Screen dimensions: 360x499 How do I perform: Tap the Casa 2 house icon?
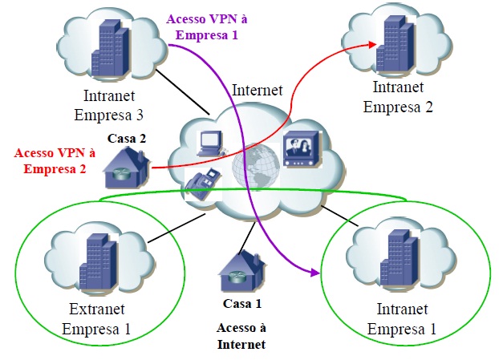[x=126, y=164]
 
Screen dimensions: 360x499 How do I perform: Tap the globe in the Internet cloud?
[x=254, y=167]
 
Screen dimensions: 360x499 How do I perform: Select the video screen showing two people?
[x=303, y=148]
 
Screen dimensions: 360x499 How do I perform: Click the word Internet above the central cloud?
[x=256, y=90]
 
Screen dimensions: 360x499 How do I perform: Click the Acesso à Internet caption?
[x=241, y=336]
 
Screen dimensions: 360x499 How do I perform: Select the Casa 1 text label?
[x=241, y=304]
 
